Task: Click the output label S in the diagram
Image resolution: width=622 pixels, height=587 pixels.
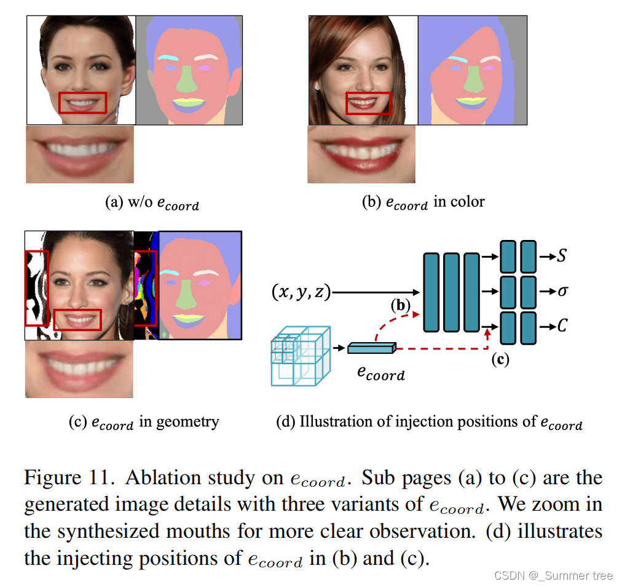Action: tap(561, 255)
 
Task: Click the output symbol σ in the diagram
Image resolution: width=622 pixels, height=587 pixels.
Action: tap(561, 290)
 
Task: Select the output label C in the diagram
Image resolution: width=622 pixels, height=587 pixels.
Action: tap(561, 326)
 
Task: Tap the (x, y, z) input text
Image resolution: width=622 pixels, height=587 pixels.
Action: tap(301, 292)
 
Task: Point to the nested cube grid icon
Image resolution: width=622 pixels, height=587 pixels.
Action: tap(301, 357)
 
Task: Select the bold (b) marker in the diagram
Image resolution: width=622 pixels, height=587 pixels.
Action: tap(401, 305)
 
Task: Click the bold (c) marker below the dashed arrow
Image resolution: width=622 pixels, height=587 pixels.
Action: tap(500, 360)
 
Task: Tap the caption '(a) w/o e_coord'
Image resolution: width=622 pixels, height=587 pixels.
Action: tap(152, 202)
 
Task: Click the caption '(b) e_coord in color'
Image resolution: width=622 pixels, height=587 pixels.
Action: tap(423, 202)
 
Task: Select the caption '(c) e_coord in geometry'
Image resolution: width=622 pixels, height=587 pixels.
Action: tap(144, 422)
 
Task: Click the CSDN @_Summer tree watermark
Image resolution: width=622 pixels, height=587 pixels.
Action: tap(553, 575)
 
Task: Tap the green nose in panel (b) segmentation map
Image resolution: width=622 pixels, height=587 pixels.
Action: tap(472, 79)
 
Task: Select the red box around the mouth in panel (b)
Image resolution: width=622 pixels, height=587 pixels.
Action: tap(368, 104)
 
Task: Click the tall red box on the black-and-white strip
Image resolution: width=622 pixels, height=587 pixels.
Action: tap(36, 287)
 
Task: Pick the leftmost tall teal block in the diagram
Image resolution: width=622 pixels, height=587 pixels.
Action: tap(431, 292)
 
